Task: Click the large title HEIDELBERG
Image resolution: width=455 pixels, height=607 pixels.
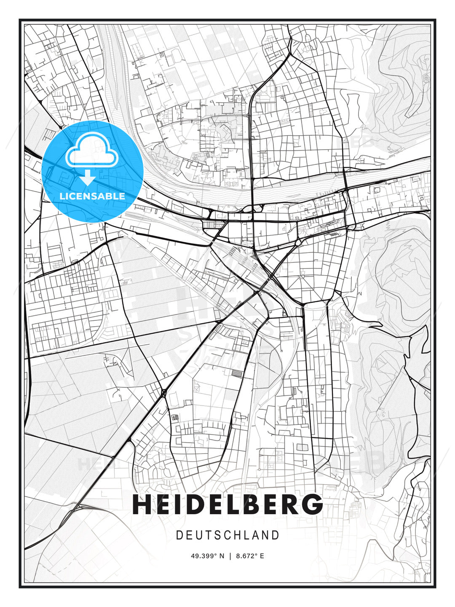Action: coord(227,504)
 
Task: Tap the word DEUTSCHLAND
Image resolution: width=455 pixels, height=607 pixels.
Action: coord(227,535)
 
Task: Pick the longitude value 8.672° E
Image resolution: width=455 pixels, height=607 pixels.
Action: coord(250,556)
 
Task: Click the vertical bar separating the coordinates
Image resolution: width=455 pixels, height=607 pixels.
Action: coord(230,556)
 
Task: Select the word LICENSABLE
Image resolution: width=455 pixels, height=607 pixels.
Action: coord(92,196)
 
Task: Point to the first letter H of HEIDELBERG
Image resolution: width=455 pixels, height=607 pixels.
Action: coord(142,504)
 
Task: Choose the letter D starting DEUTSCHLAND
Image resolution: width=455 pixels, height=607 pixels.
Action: coord(179,535)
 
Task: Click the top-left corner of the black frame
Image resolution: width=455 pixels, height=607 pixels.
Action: coord(20,20)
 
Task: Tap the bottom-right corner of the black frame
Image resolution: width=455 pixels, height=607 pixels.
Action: coord(435,587)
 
